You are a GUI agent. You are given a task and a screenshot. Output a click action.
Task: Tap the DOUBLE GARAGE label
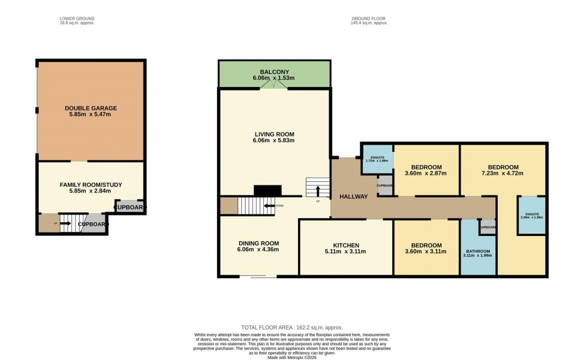91,108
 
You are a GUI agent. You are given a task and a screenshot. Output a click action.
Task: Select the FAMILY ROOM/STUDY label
91,185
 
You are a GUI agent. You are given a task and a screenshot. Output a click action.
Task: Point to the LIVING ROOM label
274,134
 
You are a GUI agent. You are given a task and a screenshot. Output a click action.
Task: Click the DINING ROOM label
258,243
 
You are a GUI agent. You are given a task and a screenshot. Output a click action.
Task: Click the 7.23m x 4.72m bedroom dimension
503,175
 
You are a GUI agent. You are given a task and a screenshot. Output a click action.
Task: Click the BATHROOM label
478,251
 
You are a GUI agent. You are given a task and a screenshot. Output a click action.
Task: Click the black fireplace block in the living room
268,191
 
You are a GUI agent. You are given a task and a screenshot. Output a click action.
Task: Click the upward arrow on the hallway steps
317,191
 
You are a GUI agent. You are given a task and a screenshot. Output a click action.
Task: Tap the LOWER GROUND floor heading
77,18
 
